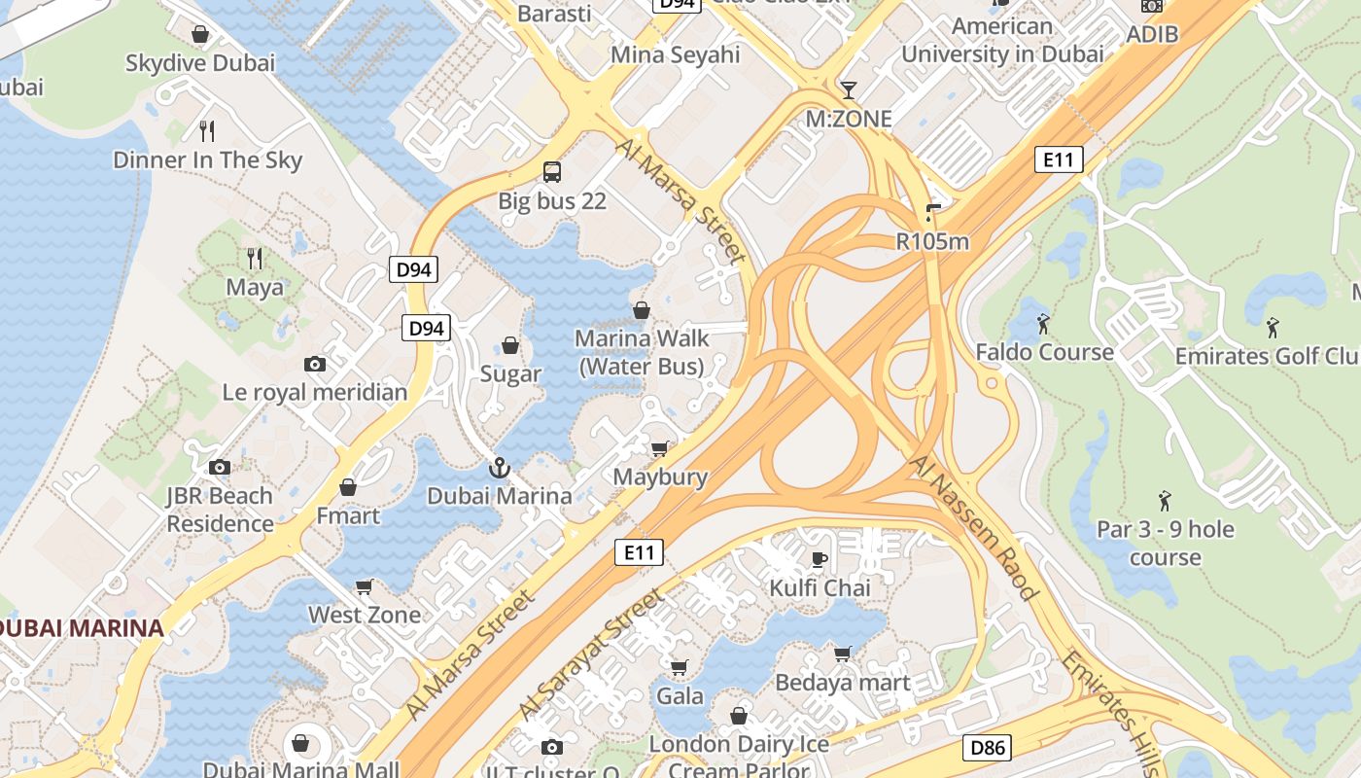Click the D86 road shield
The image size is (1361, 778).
pos(987,748)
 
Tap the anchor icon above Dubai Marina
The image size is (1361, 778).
pos(499,468)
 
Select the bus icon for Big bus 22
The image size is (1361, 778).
pos(551,172)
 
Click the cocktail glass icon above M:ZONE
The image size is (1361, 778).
pos(849,90)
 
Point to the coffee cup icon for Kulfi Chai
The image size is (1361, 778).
pos(820,559)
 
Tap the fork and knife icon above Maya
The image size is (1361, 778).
pos(255,258)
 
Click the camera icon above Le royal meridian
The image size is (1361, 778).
pos(315,364)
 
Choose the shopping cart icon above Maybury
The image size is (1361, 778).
pos(660,448)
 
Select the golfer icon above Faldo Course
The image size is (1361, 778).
pos(1044,323)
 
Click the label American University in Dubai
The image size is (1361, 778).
pos(1002,40)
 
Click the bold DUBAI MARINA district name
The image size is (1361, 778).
pos(80,628)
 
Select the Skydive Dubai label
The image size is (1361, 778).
pos(200,63)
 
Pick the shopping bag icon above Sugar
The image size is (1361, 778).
pos(510,345)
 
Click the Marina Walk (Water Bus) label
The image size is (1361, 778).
pos(642,352)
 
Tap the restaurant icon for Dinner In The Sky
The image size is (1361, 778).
pos(206,130)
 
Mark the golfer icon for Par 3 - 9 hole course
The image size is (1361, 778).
pos(1165,501)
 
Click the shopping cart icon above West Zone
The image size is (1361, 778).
pos(365,586)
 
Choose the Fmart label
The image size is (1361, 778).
pos(348,515)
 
